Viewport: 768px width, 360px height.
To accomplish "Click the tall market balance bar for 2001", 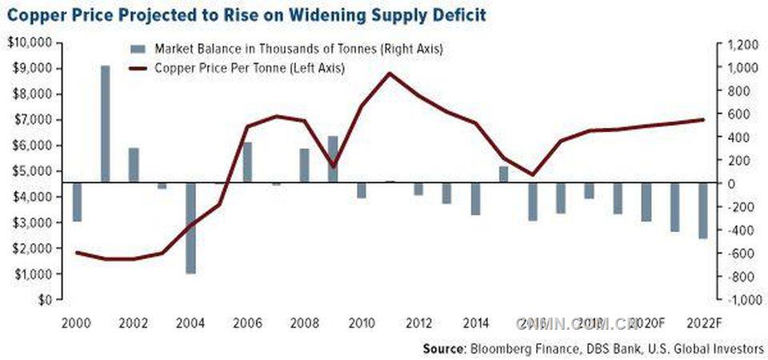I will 105,124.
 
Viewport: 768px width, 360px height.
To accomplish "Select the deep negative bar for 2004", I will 191,228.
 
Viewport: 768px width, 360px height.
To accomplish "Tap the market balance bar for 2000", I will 77,202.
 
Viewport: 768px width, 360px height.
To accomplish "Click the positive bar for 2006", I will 248,162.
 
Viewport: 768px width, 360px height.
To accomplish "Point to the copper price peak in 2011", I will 390,74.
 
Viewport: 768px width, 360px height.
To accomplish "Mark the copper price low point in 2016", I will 533,174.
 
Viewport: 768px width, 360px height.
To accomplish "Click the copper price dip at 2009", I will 334,166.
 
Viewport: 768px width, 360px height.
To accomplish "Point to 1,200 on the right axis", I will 740,46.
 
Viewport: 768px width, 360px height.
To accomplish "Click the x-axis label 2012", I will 418,323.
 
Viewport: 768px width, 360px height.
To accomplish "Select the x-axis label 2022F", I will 704,323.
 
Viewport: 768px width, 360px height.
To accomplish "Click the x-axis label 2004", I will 190,323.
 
